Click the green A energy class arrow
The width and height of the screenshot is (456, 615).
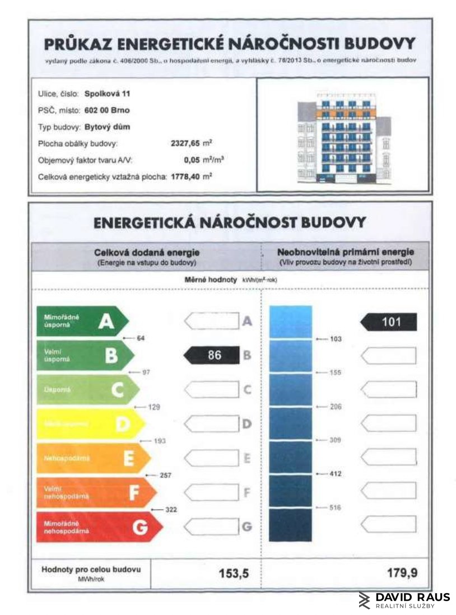point(82,321)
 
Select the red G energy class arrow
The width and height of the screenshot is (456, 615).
point(99,527)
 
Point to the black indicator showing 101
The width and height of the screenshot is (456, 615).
point(389,322)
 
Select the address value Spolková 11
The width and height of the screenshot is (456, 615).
point(107,94)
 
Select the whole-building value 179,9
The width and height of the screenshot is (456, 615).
point(402,573)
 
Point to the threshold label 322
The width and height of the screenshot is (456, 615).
point(171,510)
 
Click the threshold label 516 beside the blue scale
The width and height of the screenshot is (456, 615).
point(335,507)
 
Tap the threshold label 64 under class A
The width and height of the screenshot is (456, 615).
point(141,338)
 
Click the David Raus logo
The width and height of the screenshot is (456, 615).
point(403,599)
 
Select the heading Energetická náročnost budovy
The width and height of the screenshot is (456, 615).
point(230,222)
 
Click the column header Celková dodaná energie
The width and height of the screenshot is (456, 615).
point(147,253)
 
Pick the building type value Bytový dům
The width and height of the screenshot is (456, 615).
point(107,127)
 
